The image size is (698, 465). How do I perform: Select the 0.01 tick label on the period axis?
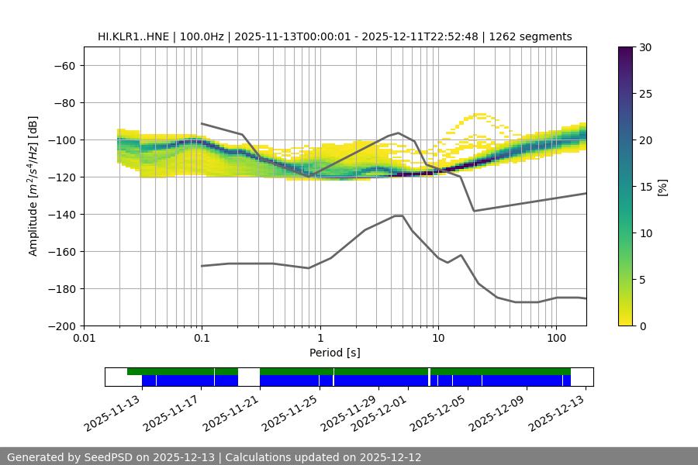tap(84, 339)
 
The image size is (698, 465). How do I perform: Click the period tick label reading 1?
tap(320, 339)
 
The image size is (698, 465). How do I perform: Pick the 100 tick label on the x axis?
tap(556, 339)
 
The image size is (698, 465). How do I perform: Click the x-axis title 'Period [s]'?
tap(335, 353)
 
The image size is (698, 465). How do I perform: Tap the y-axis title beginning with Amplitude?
tap(33, 186)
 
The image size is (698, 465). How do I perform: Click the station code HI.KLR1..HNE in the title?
tap(134, 36)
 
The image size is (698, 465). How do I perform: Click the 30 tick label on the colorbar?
tap(645, 47)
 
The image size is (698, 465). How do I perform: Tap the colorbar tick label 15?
tap(645, 187)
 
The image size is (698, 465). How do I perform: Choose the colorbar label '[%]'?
tap(662, 187)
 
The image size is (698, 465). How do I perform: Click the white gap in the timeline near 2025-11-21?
tap(249, 377)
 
